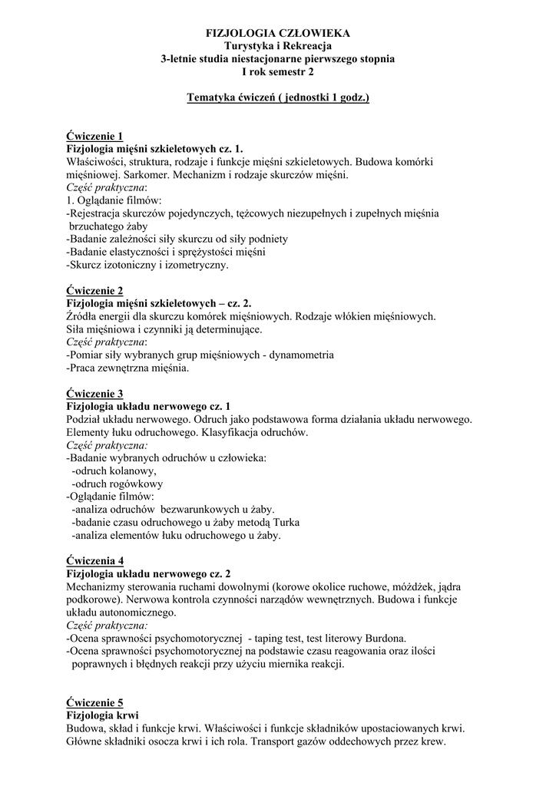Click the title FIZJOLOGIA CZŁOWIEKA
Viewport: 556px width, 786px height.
click(x=277, y=33)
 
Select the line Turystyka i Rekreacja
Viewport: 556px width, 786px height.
click(x=277, y=46)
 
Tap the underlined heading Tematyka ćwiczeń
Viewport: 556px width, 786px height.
click(x=277, y=98)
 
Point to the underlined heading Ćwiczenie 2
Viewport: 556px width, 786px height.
click(x=94, y=290)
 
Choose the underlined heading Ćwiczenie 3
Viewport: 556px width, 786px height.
click(x=94, y=393)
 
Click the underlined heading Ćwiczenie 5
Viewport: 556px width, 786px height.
click(x=94, y=702)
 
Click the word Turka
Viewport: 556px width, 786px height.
click(x=284, y=523)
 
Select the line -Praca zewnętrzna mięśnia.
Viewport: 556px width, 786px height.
click(x=127, y=368)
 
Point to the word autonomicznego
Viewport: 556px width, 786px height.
click(x=137, y=613)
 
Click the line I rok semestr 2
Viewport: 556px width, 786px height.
click(x=277, y=72)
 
